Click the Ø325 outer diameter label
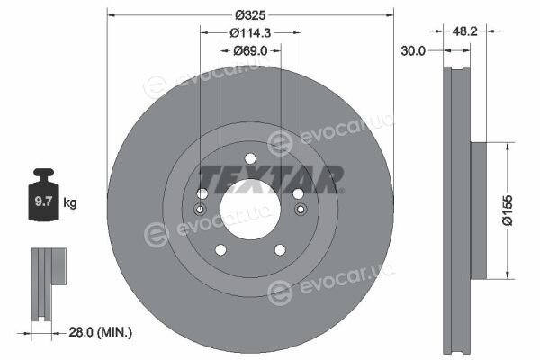[x=250, y=15]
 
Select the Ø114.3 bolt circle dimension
[x=250, y=33]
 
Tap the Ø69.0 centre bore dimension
[x=250, y=51]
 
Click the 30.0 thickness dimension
[x=413, y=51]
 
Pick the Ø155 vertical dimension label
[x=508, y=210]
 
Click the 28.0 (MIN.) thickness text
[x=101, y=332]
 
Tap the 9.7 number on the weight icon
[x=43, y=202]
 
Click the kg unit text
[x=70, y=202]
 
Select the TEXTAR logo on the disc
[x=271, y=179]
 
